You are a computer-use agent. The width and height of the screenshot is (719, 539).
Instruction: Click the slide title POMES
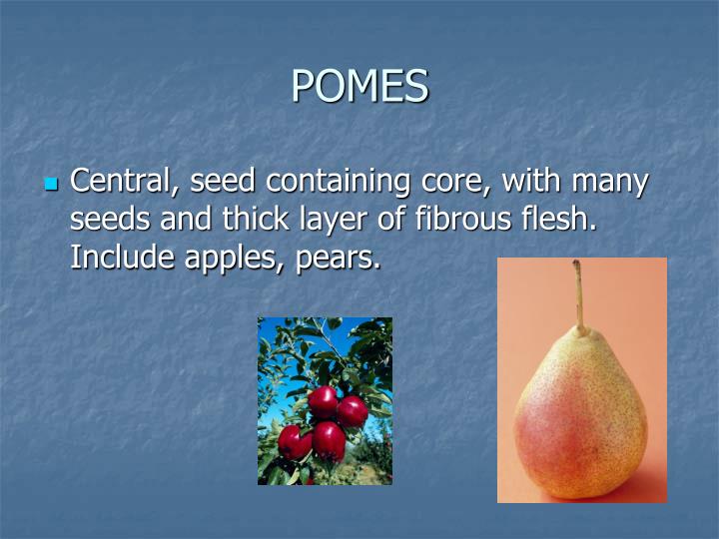pos(359,87)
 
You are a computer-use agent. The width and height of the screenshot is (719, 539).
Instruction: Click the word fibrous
pos(465,220)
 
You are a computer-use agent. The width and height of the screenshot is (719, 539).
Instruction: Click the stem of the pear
pos(578,295)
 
